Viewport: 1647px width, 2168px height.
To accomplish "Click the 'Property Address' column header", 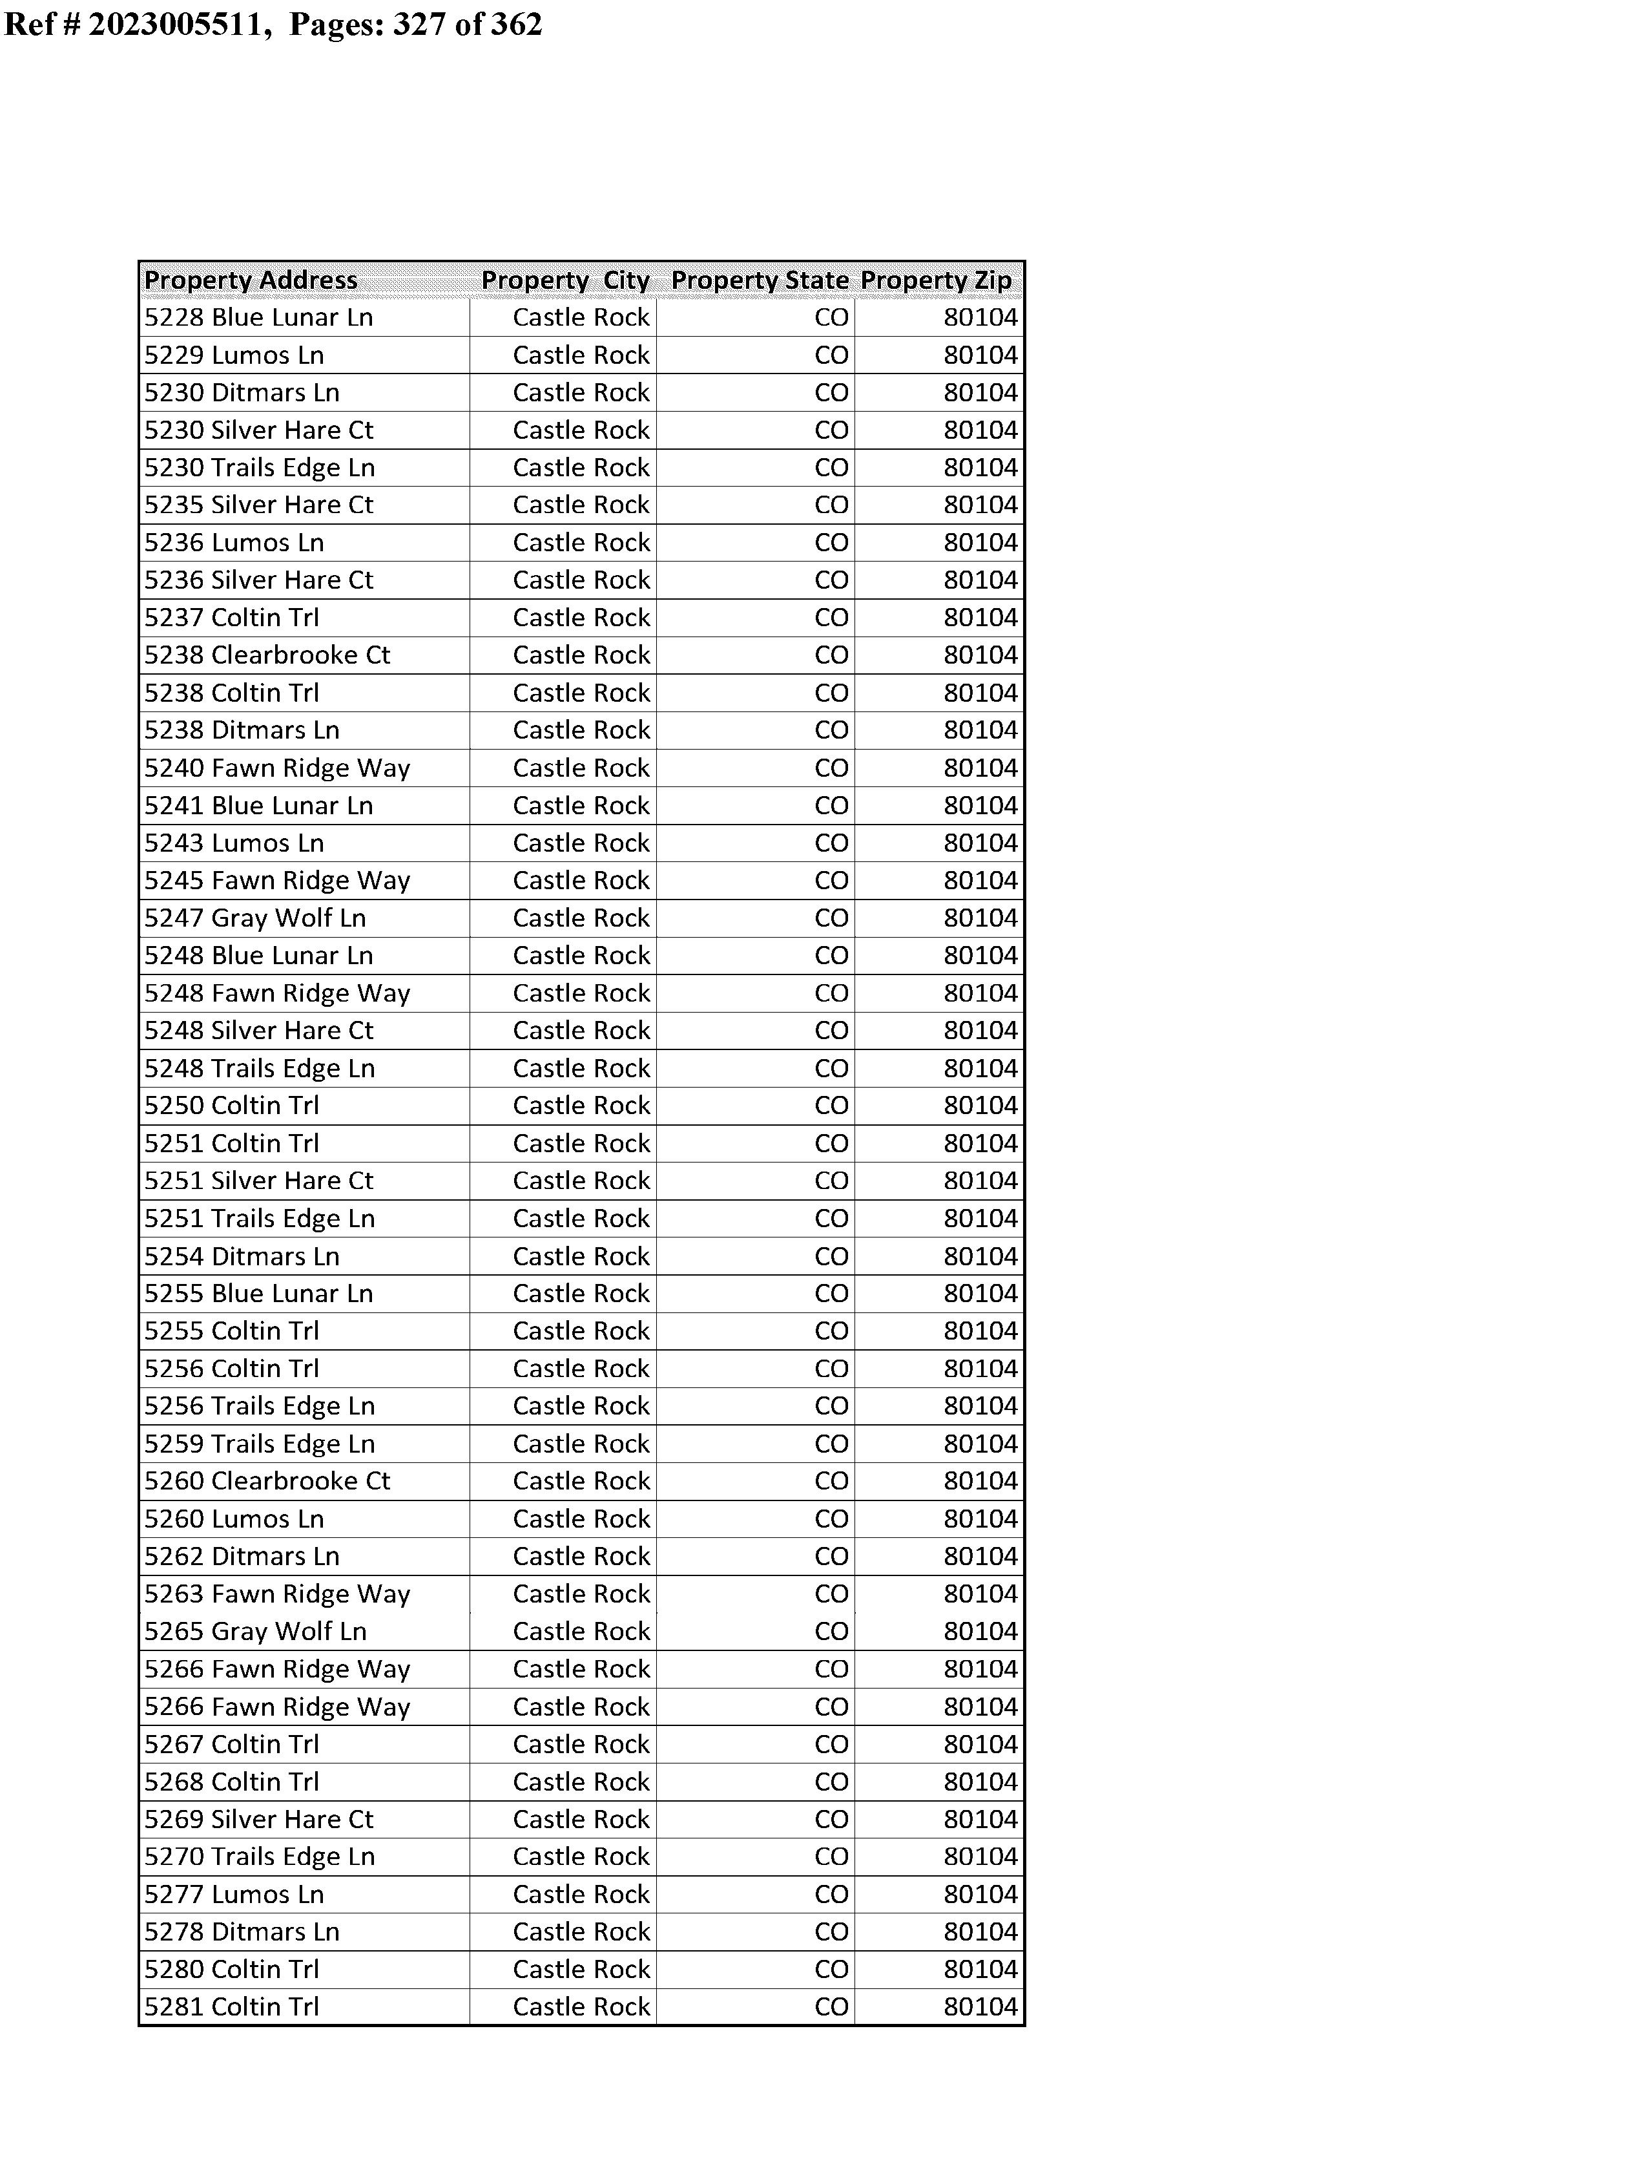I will [251, 280].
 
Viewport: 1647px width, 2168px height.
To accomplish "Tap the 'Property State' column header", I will [759, 280].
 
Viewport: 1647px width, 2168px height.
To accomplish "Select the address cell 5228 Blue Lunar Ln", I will [259, 318].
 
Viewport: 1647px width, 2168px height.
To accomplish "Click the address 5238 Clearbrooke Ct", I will [267, 655].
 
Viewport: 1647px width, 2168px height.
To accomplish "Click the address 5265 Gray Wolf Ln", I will [255, 1632].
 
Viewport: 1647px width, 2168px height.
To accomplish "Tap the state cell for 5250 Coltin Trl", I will [831, 1106].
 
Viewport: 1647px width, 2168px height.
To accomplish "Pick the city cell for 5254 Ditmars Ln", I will [581, 1256].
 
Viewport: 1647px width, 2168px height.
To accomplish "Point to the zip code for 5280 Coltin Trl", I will [980, 1970].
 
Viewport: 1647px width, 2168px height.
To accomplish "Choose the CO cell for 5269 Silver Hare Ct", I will [831, 1820].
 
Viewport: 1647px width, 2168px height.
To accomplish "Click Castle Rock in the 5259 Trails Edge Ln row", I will [581, 1444].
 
